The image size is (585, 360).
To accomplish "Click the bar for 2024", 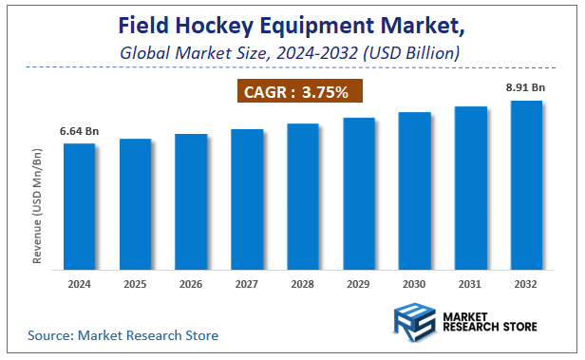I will pos(80,205).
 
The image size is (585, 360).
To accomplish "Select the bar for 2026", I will pos(191,200).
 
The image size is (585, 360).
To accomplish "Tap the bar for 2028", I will pos(303,196).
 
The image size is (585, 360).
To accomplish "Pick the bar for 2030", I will pos(415,190).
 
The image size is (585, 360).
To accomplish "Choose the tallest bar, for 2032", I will pos(527,184).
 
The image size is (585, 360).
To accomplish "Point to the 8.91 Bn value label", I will pos(526,86).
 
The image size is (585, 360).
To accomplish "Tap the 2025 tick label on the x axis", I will pos(135,285).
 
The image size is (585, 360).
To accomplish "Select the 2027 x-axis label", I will pos(247,285).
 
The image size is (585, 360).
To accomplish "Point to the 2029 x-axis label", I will pos(359,285).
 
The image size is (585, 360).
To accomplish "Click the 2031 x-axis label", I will pos(471,285).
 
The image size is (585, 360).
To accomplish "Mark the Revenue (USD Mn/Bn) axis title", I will pos(37,205).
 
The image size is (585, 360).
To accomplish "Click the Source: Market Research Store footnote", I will pos(123,335).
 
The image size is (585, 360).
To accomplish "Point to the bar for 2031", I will pos(471,187).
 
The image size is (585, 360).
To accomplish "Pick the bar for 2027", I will pos(247,198).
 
